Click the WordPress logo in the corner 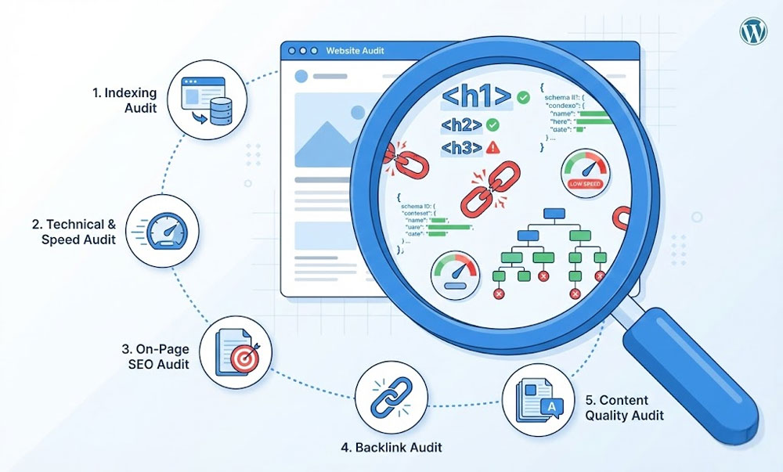pyautogui.click(x=753, y=32)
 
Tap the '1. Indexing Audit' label pyautogui.click(x=124, y=99)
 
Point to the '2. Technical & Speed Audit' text pyautogui.click(x=74, y=232)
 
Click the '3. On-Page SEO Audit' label pyautogui.click(x=155, y=357)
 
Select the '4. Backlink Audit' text pyautogui.click(x=391, y=448)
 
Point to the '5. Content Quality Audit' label pyautogui.click(x=625, y=408)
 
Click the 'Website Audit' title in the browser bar pyautogui.click(x=355, y=52)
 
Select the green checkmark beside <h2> pyautogui.click(x=493, y=124)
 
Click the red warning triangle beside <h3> pyautogui.click(x=493, y=147)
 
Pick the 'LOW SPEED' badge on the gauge pyautogui.click(x=586, y=183)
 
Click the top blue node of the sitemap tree pyautogui.click(x=554, y=214)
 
